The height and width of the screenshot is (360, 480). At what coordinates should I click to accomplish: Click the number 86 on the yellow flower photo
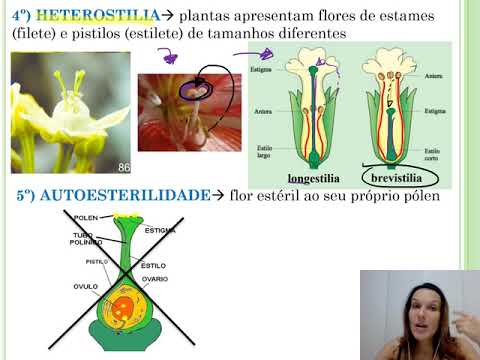pyautogui.click(x=125, y=167)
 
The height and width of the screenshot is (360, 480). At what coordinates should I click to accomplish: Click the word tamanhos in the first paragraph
pyautogui.click(x=239, y=34)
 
